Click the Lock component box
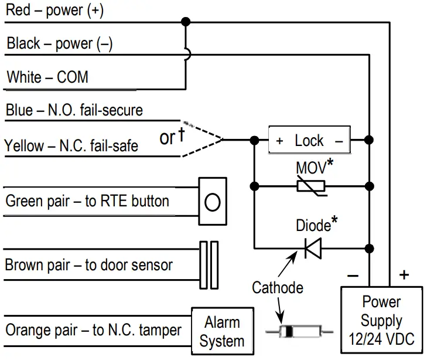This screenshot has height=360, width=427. pos(309,141)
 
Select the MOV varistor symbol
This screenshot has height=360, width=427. pos(311,186)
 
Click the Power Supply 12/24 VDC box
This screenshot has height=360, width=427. pos(381,320)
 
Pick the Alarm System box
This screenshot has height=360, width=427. pos(222,331)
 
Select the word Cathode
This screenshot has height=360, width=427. pos(278,288)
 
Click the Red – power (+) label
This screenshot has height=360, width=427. pos(55,11)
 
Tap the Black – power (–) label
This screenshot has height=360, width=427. pos(59,44)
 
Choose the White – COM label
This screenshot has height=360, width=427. pos(47,77)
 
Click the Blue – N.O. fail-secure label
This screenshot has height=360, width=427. pos(74,110)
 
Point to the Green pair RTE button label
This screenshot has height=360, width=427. pos(87,201)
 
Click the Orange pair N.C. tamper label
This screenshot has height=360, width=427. pos(94,330)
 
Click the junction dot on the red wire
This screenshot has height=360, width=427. pos(186,22)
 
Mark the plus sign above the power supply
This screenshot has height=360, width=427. pos(404,274)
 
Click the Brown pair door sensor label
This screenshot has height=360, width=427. pos(88,265)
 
